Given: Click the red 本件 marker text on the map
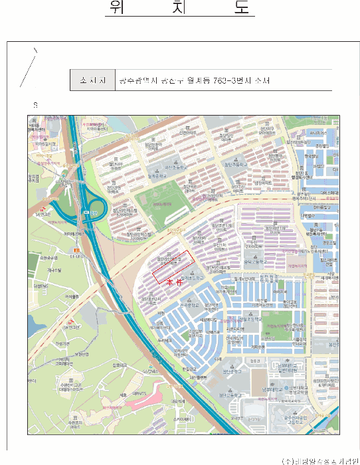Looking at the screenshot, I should pos(174,282).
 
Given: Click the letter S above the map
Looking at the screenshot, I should pos(35,106).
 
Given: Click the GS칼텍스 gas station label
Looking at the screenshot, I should pos(67,326).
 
